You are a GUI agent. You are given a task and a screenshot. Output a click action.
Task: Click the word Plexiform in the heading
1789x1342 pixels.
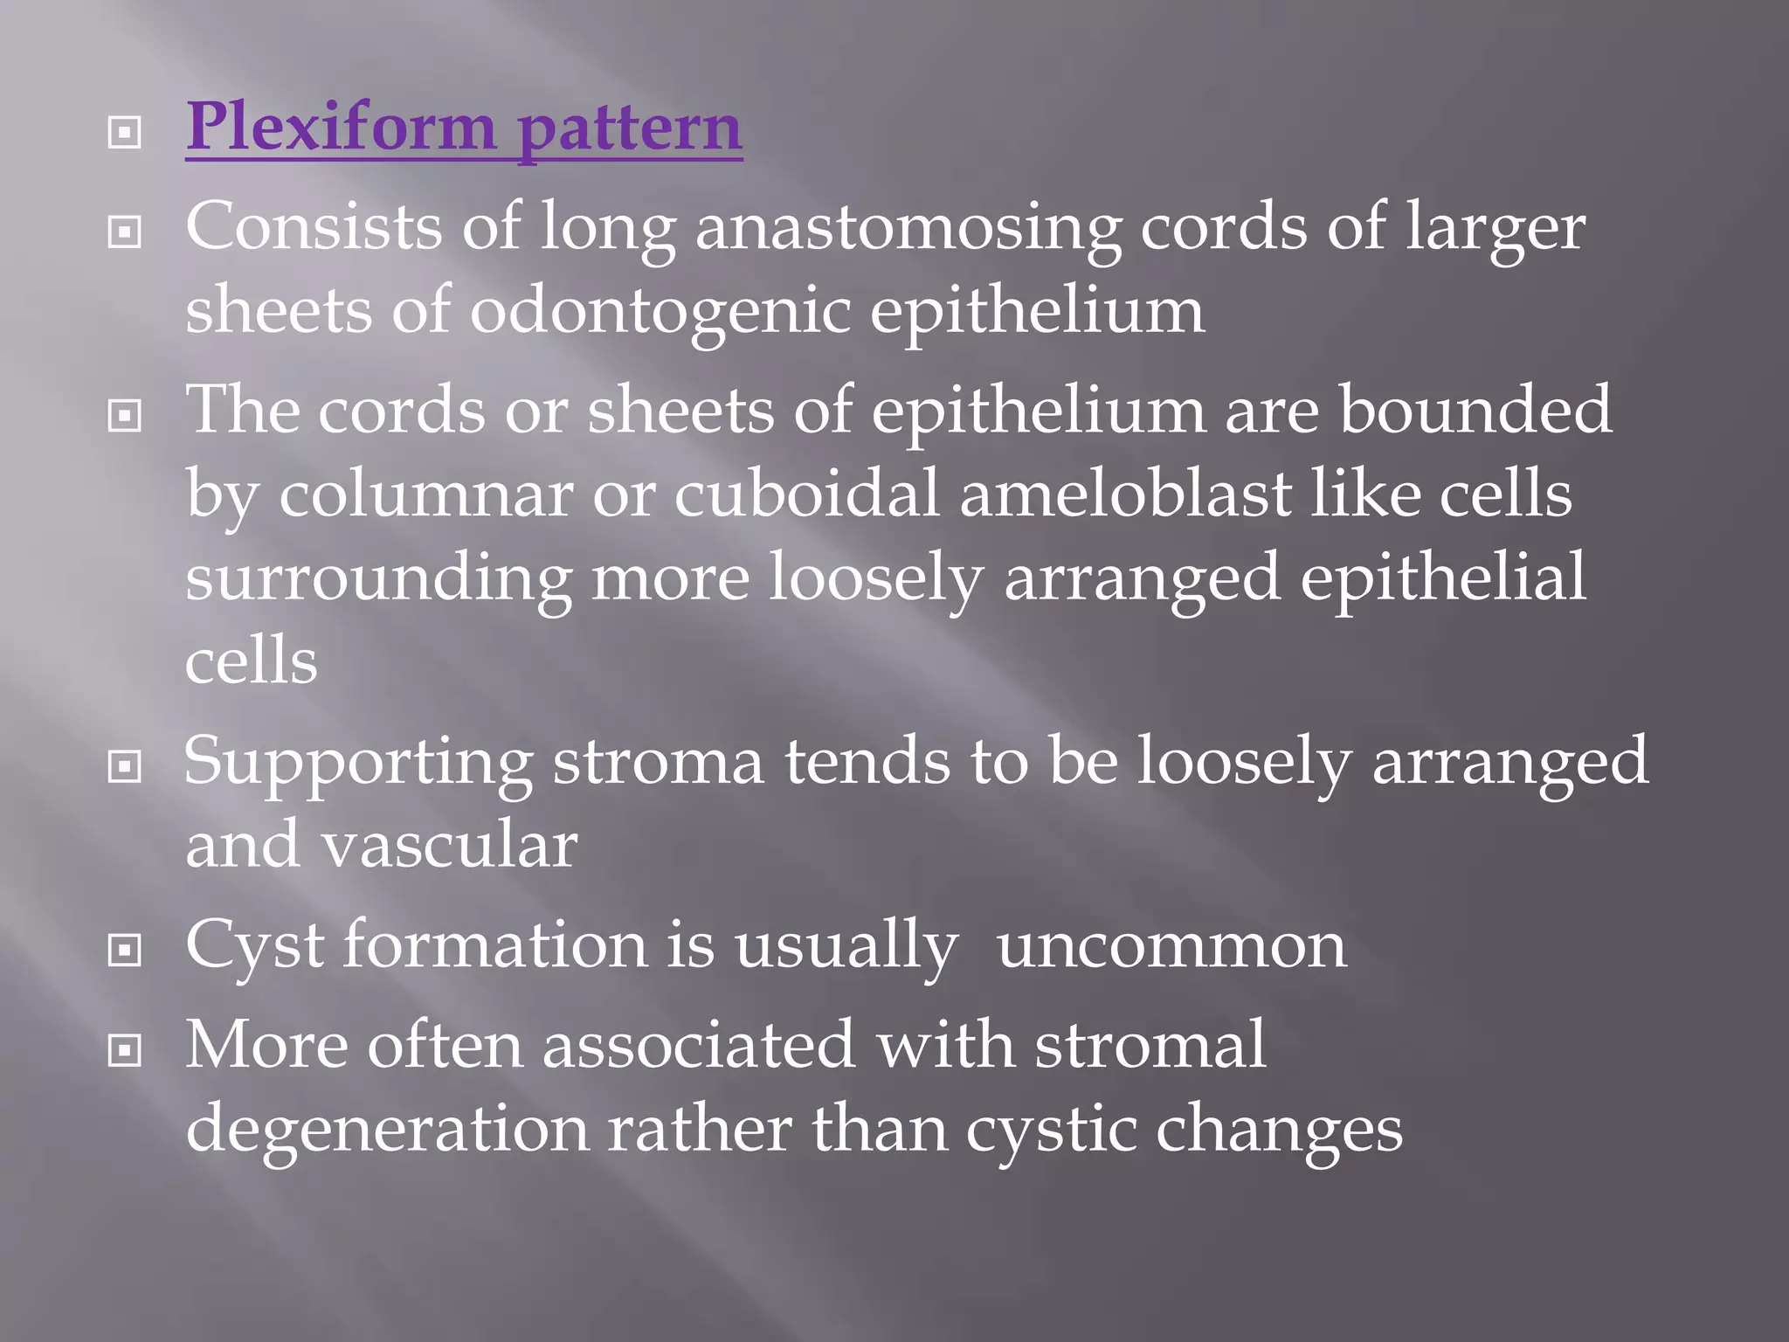coord(341,128)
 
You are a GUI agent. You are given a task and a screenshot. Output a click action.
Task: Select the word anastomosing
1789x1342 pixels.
coord(908,228)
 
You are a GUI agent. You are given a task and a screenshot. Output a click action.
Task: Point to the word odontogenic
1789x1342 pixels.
coord(660,311)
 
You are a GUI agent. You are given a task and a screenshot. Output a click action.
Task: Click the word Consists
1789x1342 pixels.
coord(314,226)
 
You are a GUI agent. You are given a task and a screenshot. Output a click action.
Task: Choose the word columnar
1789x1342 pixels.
coord(425,495)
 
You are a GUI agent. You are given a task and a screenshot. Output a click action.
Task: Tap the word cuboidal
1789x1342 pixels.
coord(806,495)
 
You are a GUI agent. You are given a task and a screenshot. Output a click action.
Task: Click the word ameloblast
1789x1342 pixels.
coord(1125,495)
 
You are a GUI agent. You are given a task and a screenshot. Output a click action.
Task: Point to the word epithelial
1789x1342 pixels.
coord(1442,578)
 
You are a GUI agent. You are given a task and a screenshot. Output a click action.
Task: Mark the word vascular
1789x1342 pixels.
coord(449,846)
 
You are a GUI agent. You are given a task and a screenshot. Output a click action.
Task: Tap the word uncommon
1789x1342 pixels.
coord(1171,946)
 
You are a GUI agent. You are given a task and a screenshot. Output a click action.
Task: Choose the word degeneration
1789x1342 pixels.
coord(388,1129)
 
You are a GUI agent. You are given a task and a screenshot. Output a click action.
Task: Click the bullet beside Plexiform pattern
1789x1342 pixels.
coord(124,134)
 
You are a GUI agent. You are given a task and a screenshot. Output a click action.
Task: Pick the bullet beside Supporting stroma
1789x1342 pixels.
coord(124,767)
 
